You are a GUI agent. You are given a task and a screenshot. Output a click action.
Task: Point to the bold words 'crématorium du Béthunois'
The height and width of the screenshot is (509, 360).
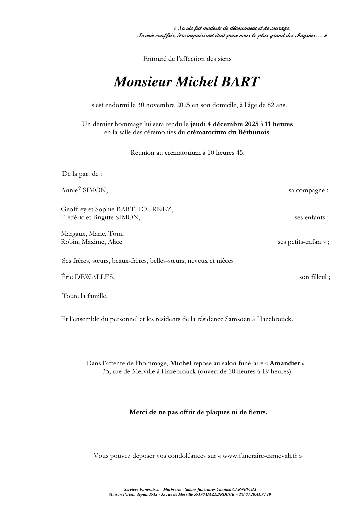pos(228,132)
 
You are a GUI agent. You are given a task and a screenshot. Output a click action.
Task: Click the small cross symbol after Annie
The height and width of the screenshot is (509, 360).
pos(79,189)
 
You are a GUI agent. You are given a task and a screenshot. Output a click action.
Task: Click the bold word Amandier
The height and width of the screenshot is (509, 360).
pos(285,363)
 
